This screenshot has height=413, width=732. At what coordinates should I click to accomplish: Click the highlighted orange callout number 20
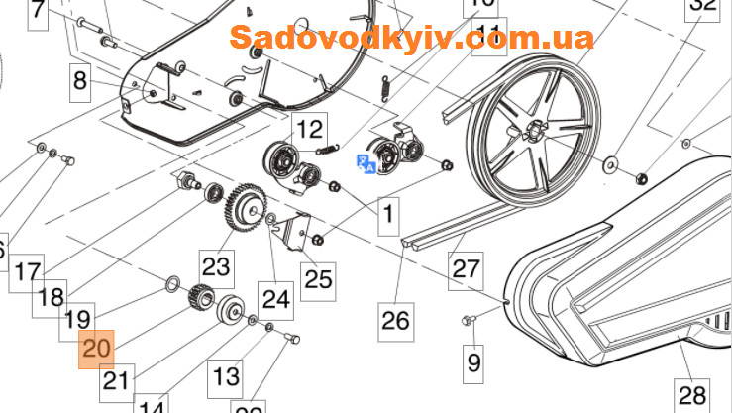pyautogui.click(x=97, y=349)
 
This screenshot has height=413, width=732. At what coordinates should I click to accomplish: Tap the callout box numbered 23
pyautogui.click(x=216, y=265)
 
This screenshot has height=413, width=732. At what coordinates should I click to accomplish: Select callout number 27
pyautogui.click(x=464, y=267)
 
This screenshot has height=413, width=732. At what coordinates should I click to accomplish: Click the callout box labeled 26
pyautogui.click(x=395, y=320)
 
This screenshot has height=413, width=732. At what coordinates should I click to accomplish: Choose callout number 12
pyautogui.click(x=310, y=128)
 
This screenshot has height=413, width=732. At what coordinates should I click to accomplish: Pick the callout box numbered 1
pyautogui.click(x=388, y=212)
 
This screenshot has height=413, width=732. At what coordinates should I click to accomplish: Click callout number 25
pyautogui.click(x=318, y=278)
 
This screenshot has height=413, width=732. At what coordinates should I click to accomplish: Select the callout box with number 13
pyautogui.click(x=227, y=376)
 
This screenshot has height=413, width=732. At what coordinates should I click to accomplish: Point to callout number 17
pyautogui.click(x=29, y=270)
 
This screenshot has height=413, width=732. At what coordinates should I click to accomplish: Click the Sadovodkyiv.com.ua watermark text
pyautogui.click(x=412, y=38)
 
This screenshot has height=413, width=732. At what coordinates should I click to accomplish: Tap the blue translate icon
pyautogui.click(x=366, y=163)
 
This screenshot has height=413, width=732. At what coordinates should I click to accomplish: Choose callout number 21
pyautogui.click(x=116, y=379)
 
